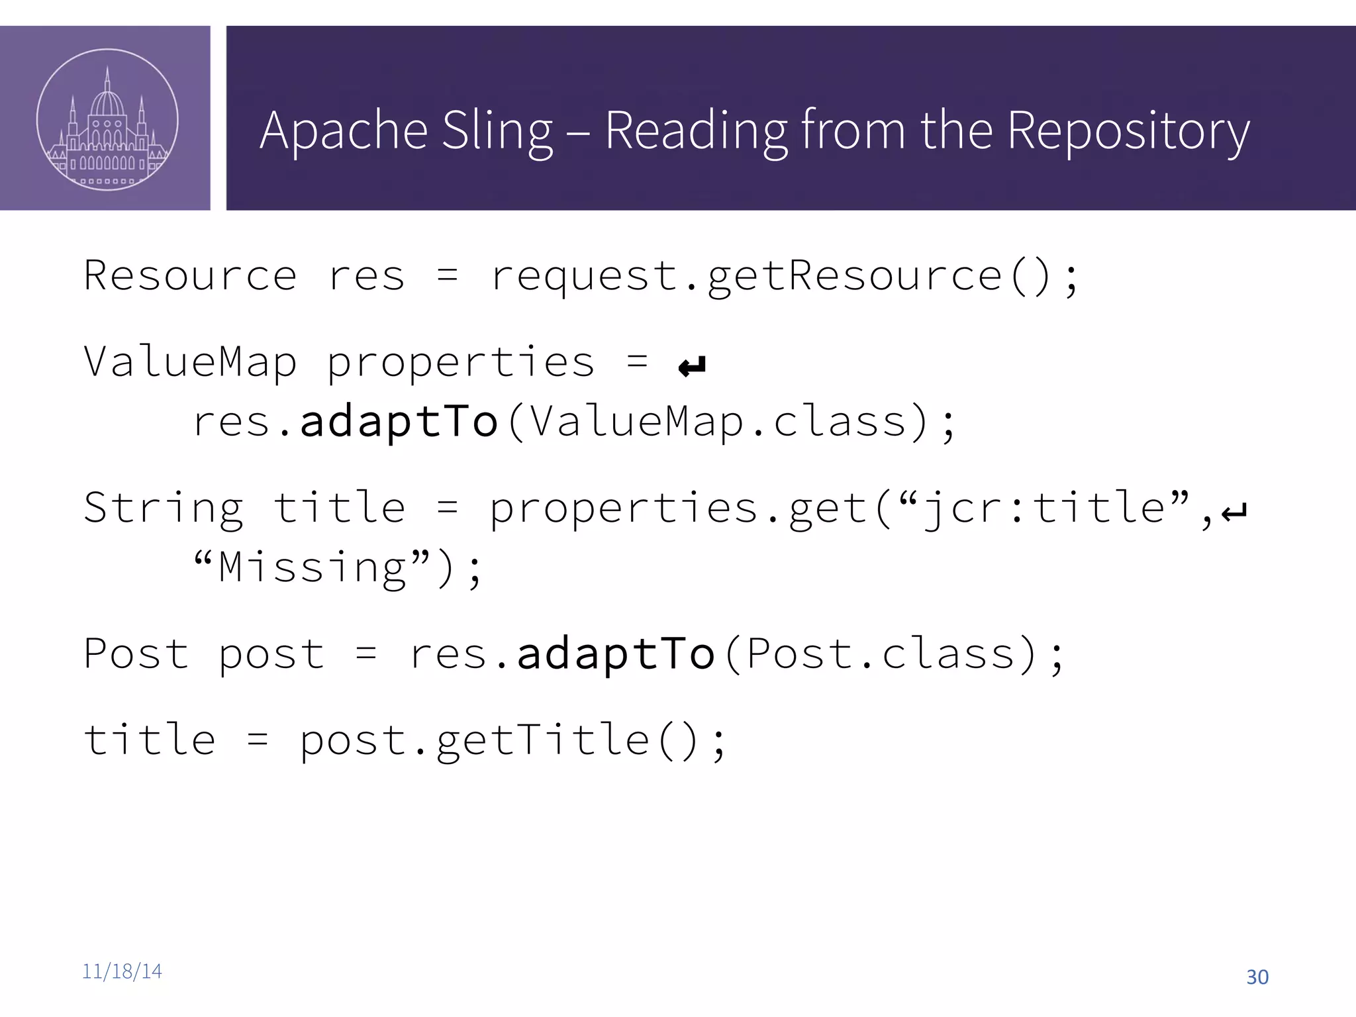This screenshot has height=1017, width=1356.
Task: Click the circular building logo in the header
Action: pos(107,120)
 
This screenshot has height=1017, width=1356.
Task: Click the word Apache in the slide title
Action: pos(343,130)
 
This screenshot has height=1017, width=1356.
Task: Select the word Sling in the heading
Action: pos(497,132)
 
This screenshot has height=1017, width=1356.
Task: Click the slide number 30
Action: pos(1257,977)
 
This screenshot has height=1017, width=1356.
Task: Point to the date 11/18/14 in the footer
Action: pos(122,971)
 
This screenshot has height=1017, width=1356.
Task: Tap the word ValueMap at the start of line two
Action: pos(190,362)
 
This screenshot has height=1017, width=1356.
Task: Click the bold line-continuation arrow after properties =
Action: pos(693,365)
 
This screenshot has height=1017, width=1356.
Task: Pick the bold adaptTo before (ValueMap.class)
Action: pos(399,422)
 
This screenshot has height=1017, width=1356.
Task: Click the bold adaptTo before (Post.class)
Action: pos(616,654)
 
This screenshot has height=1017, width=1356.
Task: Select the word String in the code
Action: pos(164,508)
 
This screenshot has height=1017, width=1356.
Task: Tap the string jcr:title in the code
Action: pos(1043,508)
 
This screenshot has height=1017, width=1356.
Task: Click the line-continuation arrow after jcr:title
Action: pos(1234,511)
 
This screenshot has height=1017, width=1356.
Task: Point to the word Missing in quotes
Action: pos(312,567)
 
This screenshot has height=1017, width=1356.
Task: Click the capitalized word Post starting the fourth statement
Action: pos(136,654)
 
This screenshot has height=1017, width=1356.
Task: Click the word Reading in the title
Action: pos(696,132)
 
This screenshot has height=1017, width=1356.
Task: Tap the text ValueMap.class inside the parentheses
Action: pos(718,422)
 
